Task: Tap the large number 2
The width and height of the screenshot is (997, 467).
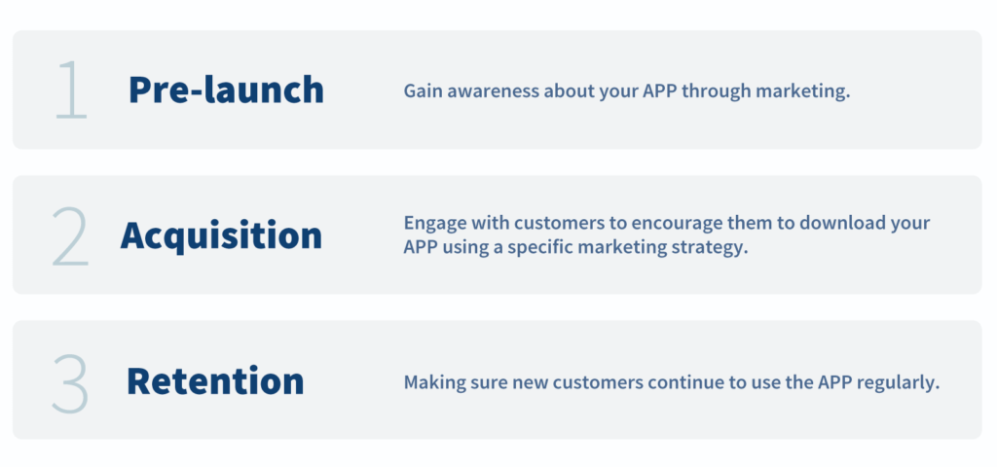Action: pyautogui.click(x=70, y=235)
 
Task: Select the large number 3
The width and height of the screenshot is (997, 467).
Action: pyautogui.click(x=70, y=383)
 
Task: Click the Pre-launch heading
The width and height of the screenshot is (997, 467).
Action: pyautogui.click(x=226, y=90)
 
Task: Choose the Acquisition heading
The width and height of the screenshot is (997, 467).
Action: pyautogui.click(x=221, y=235)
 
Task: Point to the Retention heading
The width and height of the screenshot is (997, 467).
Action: pyautogui.click(x=215, y=380)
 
